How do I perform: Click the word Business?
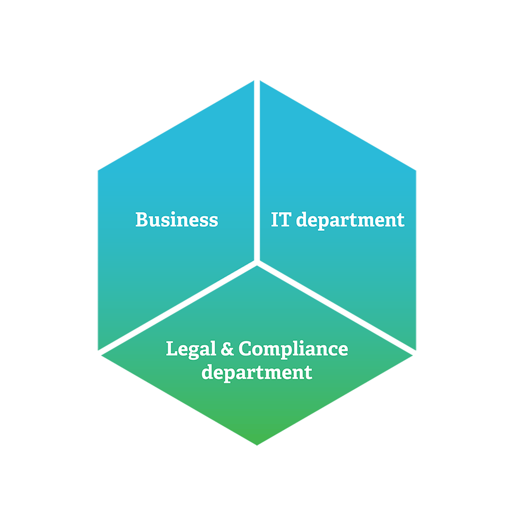177,220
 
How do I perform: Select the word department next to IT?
350,220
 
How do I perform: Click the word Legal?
191,349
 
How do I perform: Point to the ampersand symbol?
227,349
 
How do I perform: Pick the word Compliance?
293,349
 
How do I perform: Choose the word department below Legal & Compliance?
256,373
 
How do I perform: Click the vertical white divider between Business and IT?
257,170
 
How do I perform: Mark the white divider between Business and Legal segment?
177,307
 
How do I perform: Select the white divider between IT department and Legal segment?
337,307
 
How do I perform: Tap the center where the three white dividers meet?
257,262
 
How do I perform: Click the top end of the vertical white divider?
257,80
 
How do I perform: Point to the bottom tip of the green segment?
257,445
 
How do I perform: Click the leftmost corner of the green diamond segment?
102,356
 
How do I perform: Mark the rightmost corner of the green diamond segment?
412,356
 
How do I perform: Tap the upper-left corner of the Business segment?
98,170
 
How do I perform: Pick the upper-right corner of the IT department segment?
416,170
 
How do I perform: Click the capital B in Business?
142,220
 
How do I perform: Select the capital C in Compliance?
245,348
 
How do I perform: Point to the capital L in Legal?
172,349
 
